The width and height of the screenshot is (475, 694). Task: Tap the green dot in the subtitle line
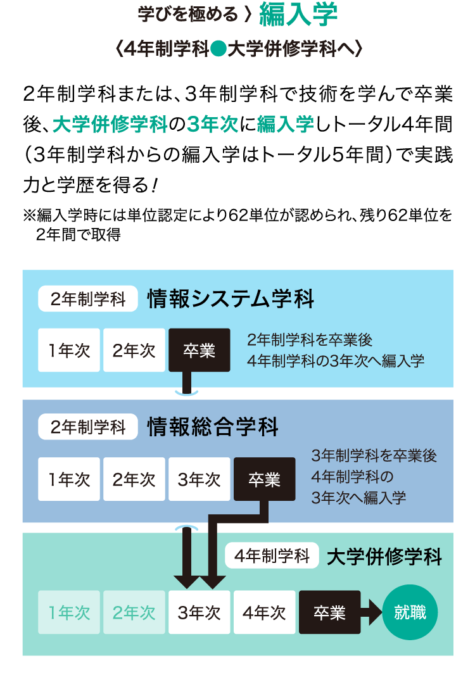pyautogui.click(x=218, y=50)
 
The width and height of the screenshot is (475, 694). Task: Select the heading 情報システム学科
pyautogui.click(x=231, y=299)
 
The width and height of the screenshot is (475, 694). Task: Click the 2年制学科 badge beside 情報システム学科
pyautogui.click(x=88, y=299)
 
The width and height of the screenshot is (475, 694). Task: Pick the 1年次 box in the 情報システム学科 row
pyautogui.click(x=69, y=350)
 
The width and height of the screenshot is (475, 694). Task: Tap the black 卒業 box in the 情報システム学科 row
pyautogui.click(x=199, y=350)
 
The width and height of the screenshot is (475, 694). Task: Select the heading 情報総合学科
pyautogui.click(x=213, y=427)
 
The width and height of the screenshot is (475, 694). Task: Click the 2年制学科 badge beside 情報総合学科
pyautogui.click(x=88, y=427)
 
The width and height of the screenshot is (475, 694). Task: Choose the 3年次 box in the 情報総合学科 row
pyautogui.click(x=199, y=479)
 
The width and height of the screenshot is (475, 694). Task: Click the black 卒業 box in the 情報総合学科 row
pyautogui.click(x=264, y=479)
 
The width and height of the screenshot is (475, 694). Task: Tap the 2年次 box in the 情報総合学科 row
pyautogui.click(x=134, y=479)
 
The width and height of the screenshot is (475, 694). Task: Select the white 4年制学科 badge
pyautogui.click(x=272, y=557)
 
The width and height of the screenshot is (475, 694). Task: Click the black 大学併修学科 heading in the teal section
pyautogui.click(x=384, y=557)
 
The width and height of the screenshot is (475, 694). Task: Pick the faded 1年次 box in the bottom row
pyautogui.click(x=69, y=612)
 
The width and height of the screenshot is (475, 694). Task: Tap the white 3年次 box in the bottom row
pyautogui.click(x=199, y=612)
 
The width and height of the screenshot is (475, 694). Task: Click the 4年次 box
pyautogui.click(x=264, y=612)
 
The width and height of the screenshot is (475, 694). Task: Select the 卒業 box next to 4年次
pyautogui.click(x=329, y=612)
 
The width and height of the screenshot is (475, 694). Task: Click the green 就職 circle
pyautogui.click(x=410, y=612)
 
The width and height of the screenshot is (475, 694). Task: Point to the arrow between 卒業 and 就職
pyautogui.click(x=372, y=612)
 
